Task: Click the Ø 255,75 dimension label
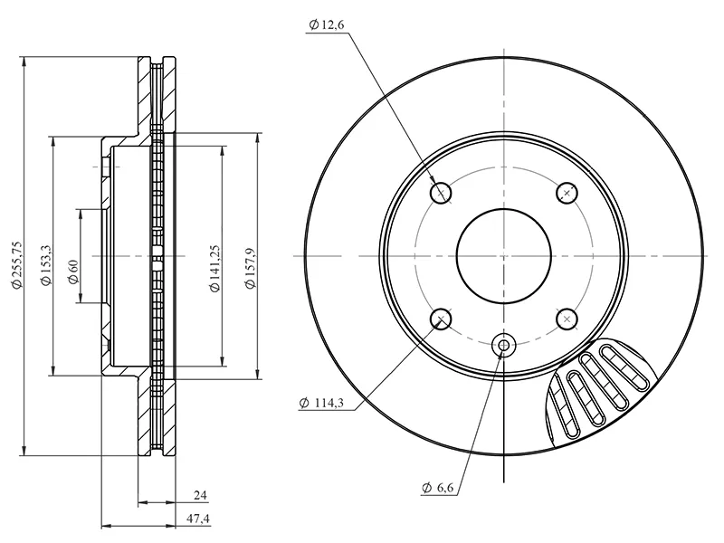pyautogui.click(x=16, y=265)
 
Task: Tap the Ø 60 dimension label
pyautogui.click(x=73, y=272)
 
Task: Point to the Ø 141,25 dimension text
pyautogui.click(x=214, y=268)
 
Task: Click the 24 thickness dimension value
pyautogui.click(x=200, y=495)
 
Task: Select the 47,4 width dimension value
pyautogui.click(x=198, y=519)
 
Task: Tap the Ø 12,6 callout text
pyautogui.click(x=327, y=24)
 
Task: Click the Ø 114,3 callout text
pyautogui.click(x=321, y=403)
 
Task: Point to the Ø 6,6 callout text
pyautogui.click(x=438, y=488)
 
